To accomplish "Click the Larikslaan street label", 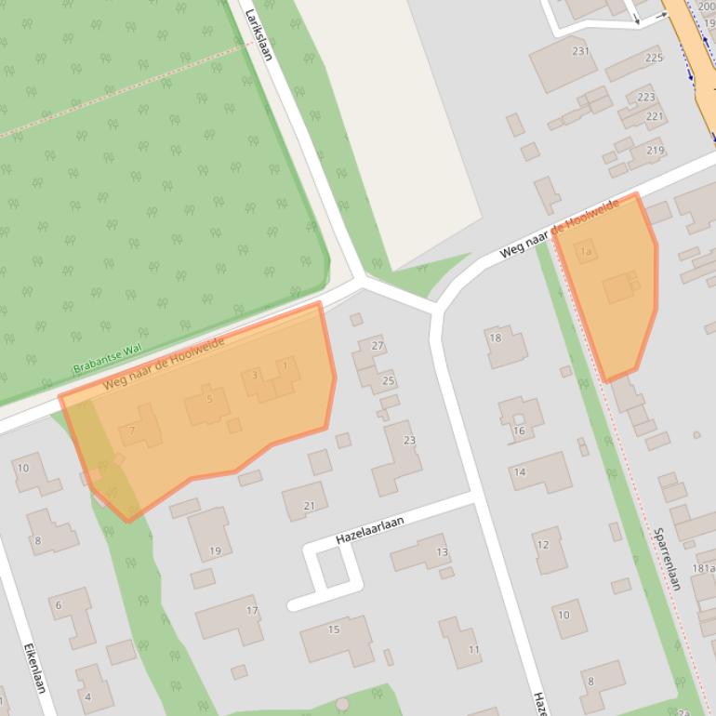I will coord(258,34).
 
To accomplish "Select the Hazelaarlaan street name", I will coord(369,531).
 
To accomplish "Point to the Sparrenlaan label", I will coord(667,559).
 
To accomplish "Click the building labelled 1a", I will coord(586,251).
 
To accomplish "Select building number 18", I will coord(506,346).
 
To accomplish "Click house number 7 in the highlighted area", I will coord(139,428).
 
